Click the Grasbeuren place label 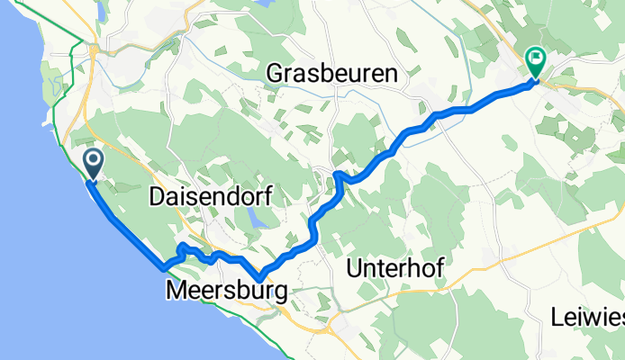(x=332, y=76)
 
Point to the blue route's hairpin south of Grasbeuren (x=337, y=174)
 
